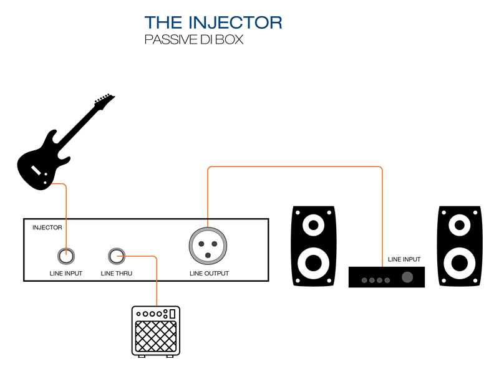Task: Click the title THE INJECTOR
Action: point(213,23)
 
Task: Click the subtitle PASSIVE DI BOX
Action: point(193,41)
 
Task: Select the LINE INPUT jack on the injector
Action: point(66,255)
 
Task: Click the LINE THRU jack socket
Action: point(117,255)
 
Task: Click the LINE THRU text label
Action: point(117,274)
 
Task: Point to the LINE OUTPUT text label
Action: point(209,274)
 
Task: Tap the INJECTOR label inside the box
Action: point(47,228)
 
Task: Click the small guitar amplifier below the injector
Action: point(156,331)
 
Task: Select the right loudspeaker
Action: point(460,246)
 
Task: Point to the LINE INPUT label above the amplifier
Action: point(404,259)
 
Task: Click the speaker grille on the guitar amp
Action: point(156,337)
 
